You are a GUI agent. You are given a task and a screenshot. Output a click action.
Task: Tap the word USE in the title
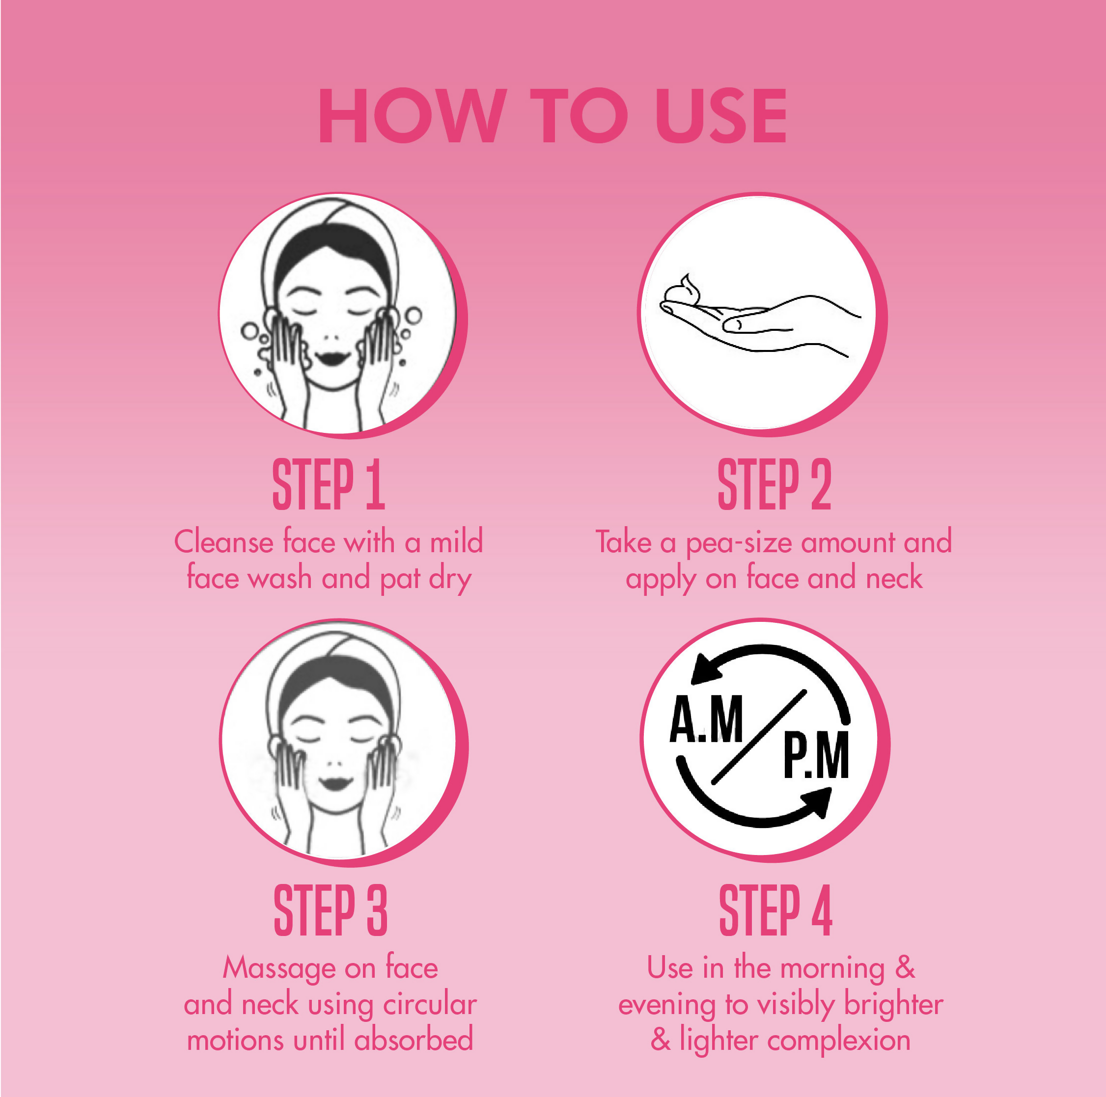[721, 116]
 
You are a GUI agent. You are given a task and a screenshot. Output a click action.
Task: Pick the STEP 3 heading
[331, 910]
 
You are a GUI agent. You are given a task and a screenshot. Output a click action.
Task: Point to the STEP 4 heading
[775, 910]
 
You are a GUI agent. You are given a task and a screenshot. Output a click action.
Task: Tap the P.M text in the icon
[816, 756]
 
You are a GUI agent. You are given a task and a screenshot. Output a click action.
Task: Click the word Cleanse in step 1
[224, 541]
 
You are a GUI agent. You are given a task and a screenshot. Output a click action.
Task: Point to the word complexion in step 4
[839, 1041]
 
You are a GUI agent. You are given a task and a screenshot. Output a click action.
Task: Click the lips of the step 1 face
[332, 358]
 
